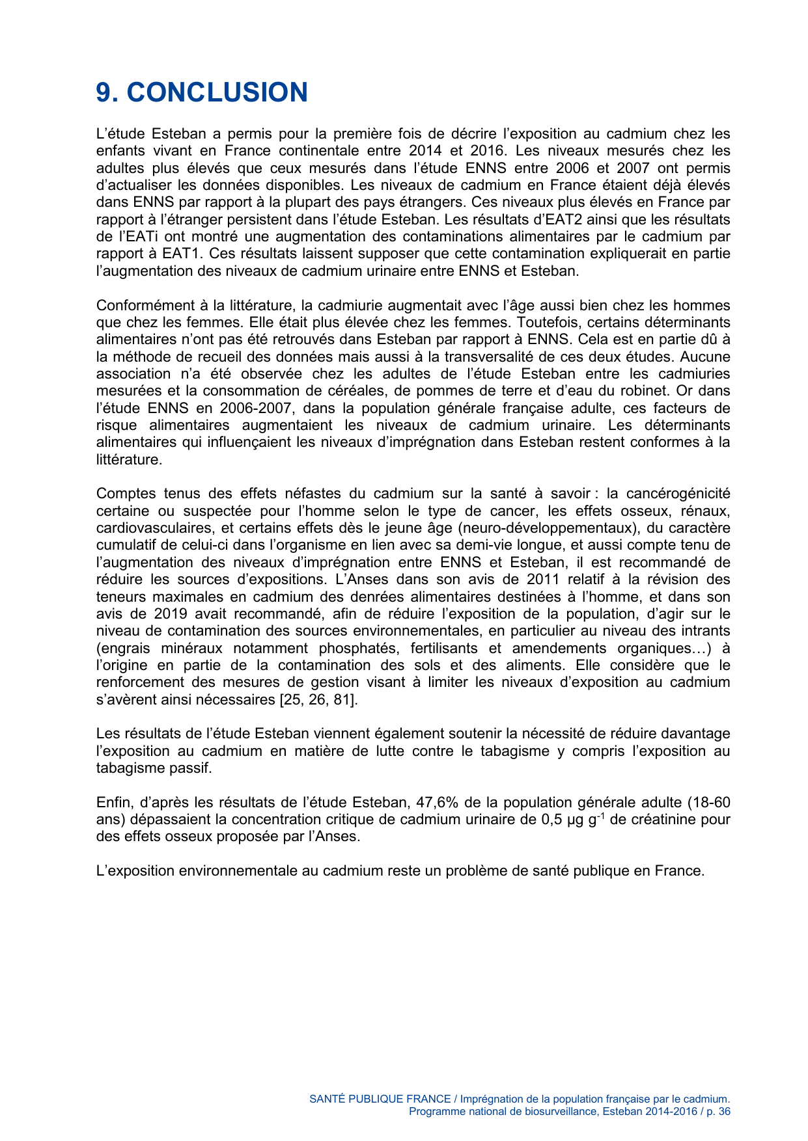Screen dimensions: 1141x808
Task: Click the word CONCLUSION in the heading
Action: pyautogui.click(x=217, y=92)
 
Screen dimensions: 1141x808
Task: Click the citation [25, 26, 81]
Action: pyautogui.click(x=318, y=700)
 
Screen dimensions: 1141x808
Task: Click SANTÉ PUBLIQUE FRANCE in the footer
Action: pyautogui.click(x=380, y=1099)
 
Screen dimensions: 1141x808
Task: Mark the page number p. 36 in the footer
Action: pyautogui.click(x=719, y=1112)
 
